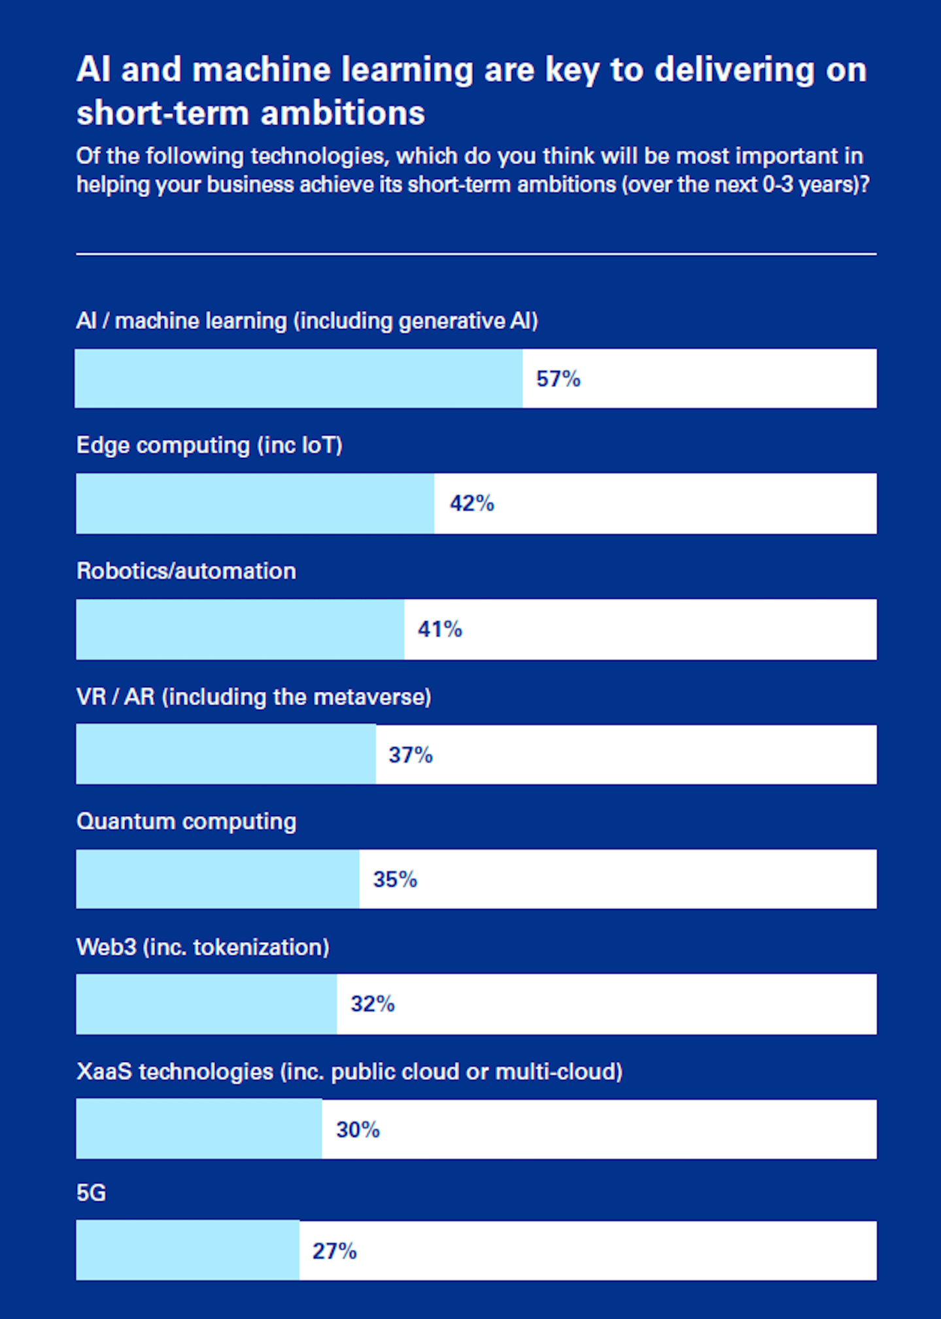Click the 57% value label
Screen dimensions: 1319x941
coord(558,379)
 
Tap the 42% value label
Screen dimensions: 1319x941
coord(471,503)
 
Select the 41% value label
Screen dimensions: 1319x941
coord(439,629)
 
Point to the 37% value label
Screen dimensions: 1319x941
coord(410,755)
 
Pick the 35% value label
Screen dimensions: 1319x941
coord(394,879)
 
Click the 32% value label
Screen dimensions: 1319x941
coord(372,1004)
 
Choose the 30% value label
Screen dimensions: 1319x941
coord(358,1129)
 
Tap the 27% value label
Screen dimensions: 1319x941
coord(334,1251)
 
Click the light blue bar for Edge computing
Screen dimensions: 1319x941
coord(255,504)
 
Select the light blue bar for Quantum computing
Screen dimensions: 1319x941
coord(217,879)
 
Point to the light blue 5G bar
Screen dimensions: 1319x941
coord(188,1250)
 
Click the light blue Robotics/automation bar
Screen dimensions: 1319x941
coord(240,629)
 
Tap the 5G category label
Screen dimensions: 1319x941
coord(91,1193)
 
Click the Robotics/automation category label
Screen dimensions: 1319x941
coord(186,571)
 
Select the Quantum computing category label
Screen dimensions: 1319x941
coord(186,821)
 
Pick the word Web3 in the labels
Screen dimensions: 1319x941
coord(106,947)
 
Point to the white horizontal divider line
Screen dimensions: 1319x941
coord(476,254)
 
